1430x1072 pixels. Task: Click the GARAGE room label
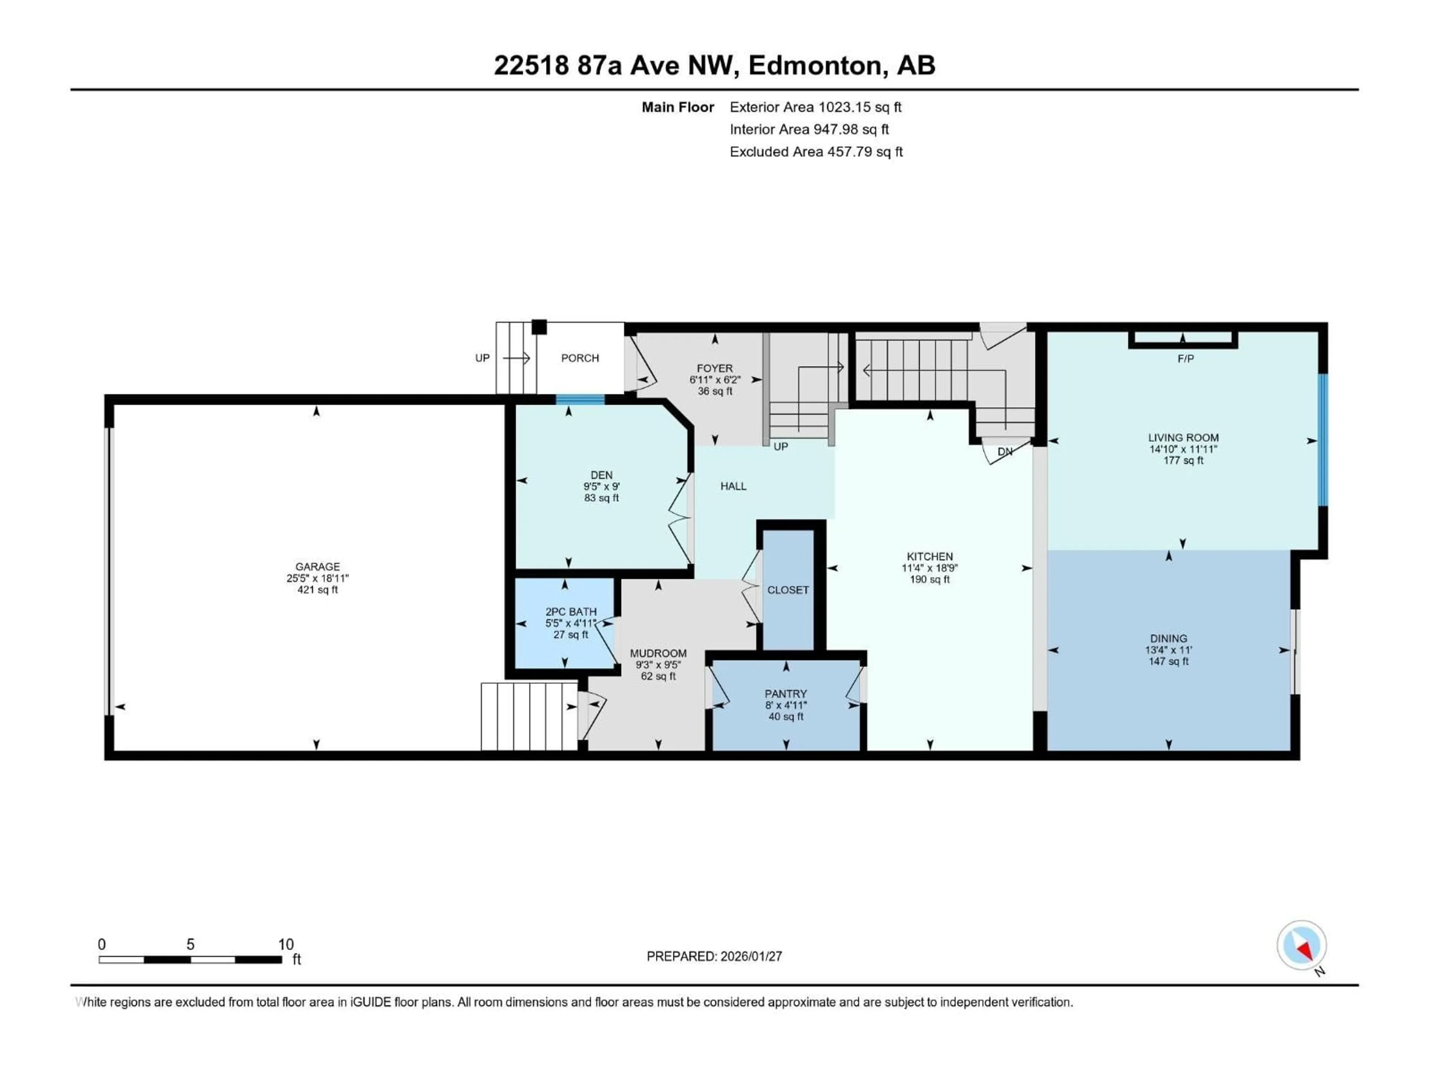(x=317, y=567)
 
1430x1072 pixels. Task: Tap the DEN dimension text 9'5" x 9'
(x=601, y=486)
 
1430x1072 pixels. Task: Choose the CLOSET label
(x=787, y=590)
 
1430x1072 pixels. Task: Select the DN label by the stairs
(x=1005, y=452)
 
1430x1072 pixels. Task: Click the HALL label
(x=733, y=486)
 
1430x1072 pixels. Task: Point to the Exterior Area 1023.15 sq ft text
(x=815, y=107)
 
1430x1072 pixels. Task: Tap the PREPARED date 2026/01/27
(x=750, y=956)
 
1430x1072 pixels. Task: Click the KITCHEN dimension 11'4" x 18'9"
(x=929, y=568)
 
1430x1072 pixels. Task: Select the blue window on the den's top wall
(x=580, y=399)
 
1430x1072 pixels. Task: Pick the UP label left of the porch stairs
(x=482, y=358)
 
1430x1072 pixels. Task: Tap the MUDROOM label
(x=658, y=653)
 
